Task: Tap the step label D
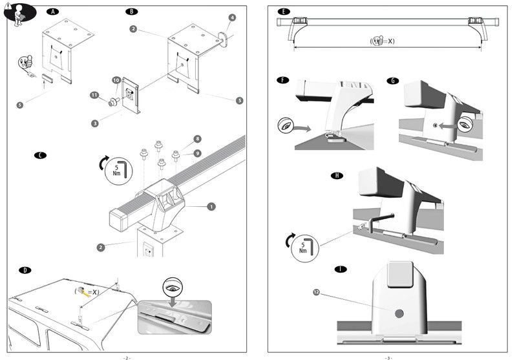pyautogui.click(x=25, y=269)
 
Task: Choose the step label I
pyautogui.click(x=340, y=269)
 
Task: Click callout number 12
pyautogui.click(x=316, y=293)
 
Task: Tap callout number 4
pyautogui.click(x=232, y=17)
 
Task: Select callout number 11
pyautogui.click(x=94, y=96)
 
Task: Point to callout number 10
pyautogui.click(x=116, y=80)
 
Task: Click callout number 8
pyautogui.click(x=198, y=139)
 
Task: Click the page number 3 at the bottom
pyautogui.click(x=388, y=357)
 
